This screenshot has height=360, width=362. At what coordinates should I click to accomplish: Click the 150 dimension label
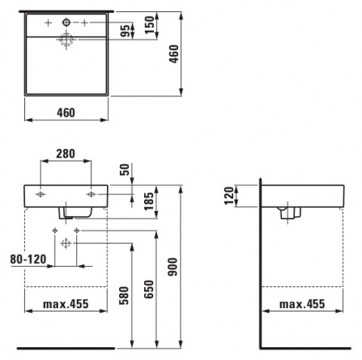tap(149, 25)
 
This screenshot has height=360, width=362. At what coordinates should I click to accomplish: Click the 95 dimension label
tap(125, 31)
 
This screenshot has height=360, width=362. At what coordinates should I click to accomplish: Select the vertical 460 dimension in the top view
tap(174, 54)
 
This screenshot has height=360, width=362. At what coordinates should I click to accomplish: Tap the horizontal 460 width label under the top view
tap(66, 112)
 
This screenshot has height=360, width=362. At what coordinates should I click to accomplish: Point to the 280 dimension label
tap(66, 154)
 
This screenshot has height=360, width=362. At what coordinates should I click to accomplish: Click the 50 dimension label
tap(125, 169)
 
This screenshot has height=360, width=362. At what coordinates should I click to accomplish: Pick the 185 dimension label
tap(149, 201)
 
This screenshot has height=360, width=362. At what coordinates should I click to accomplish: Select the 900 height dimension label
tap(172, 267)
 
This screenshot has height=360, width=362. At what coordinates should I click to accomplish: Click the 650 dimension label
tap(149, 290)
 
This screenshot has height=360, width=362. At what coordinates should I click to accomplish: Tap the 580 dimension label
tap(125, 296)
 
